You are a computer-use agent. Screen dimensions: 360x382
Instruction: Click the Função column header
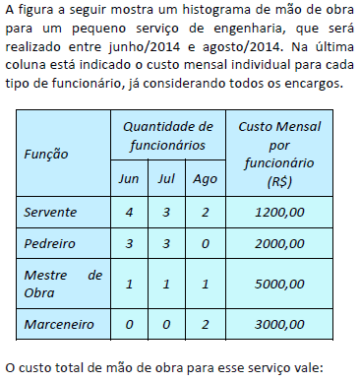[x=46, y=155]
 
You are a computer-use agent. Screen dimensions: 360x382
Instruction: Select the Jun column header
[x=129, y=179]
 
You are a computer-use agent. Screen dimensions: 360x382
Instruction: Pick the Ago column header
[x=204, y=179]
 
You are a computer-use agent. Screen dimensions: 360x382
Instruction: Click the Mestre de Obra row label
[x=63, y=283]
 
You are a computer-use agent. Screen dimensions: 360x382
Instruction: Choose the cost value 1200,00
[x=280, y=212]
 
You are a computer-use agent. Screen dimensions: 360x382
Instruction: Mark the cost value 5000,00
[x=280, y=283]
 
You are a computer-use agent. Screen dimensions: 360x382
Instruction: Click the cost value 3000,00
[x=280, y=322]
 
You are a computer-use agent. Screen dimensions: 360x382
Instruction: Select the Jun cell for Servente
[x=129, y=212]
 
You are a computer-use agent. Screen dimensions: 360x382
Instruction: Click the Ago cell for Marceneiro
[x=204, y=322]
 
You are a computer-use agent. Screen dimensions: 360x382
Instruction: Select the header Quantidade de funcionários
[x=166, y=136]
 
